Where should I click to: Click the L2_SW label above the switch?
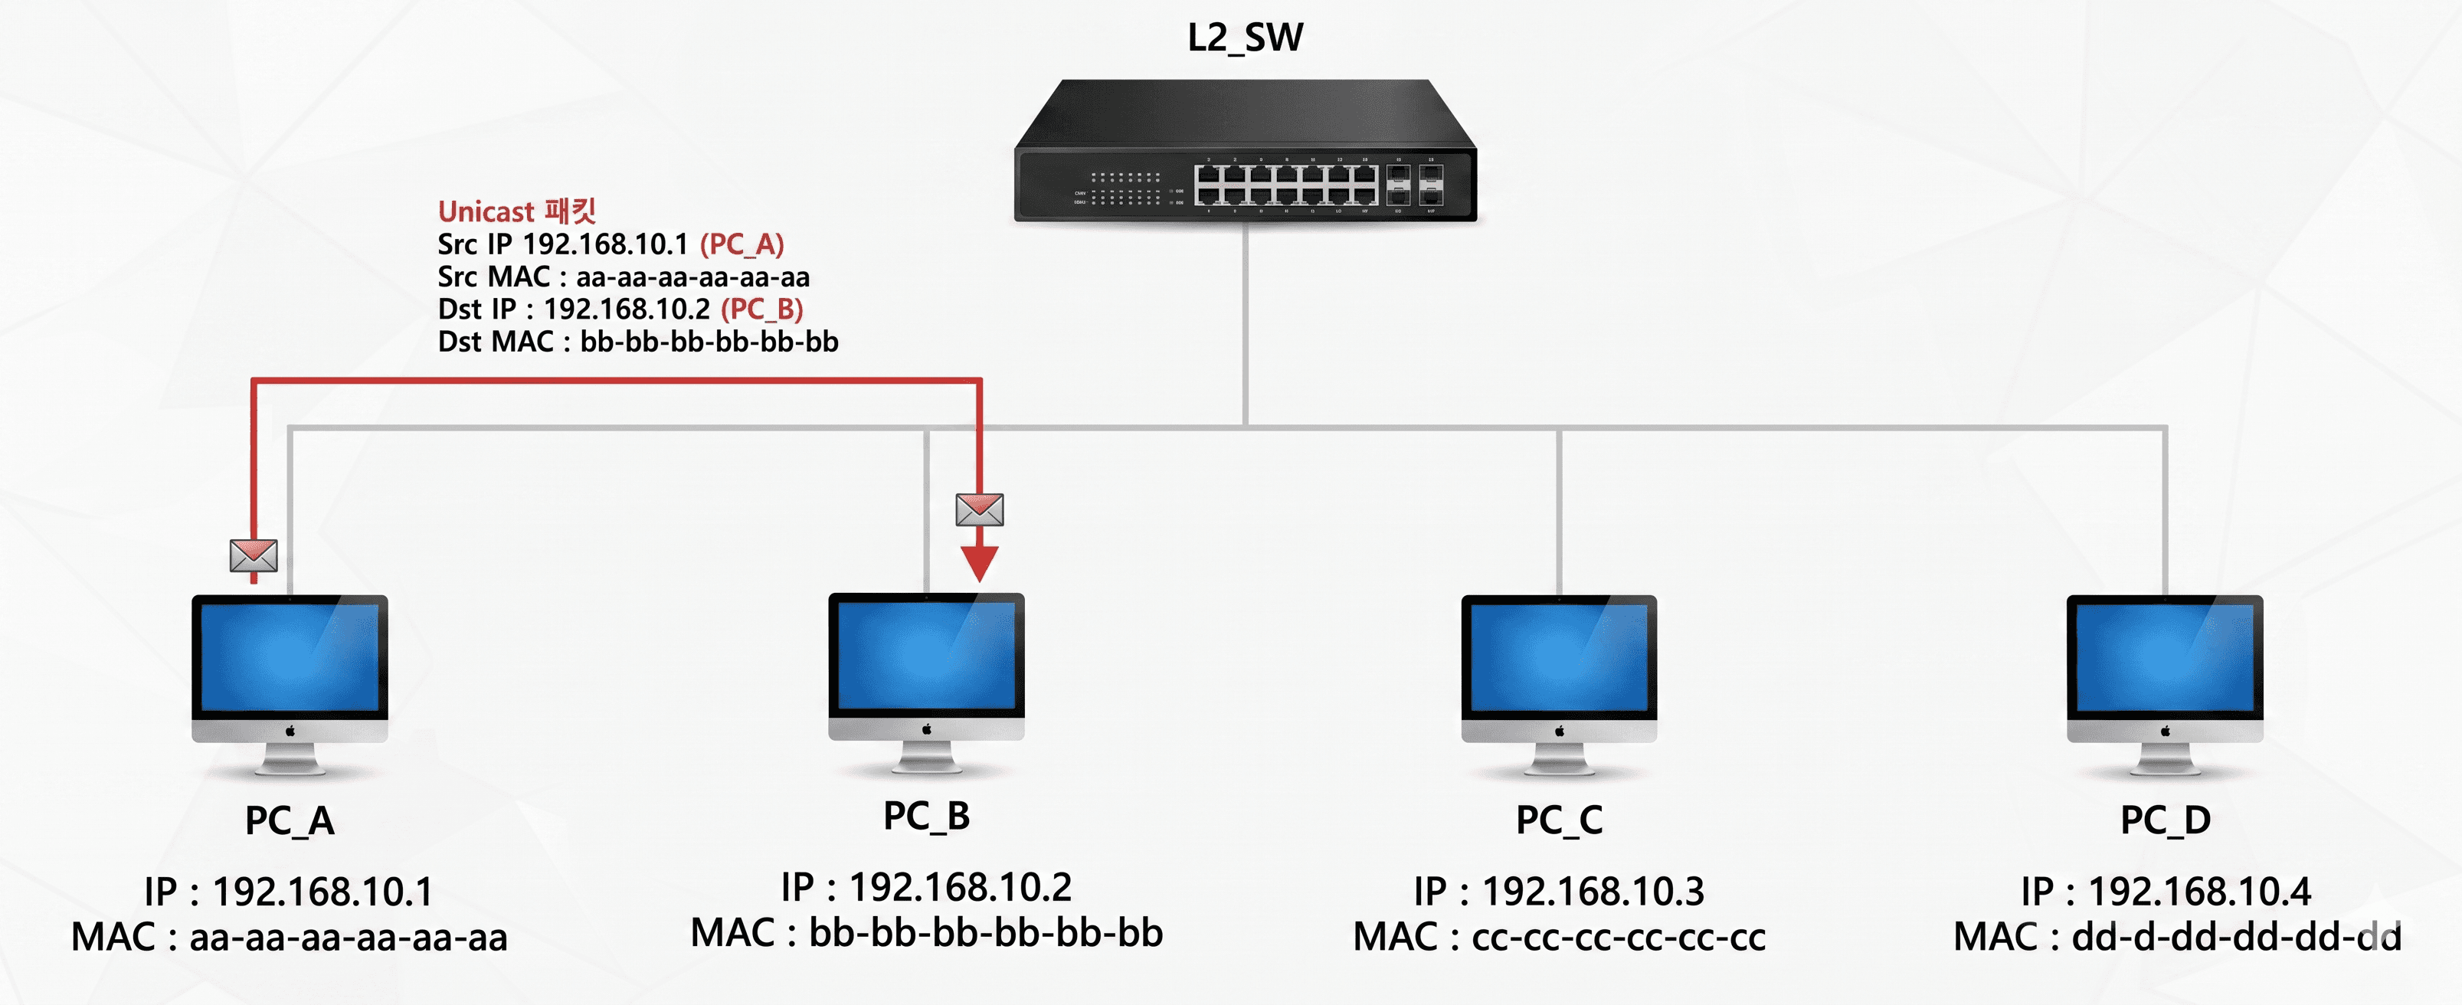point(1244,38)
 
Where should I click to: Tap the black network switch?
point(1246,151)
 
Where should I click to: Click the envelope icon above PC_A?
point(254,555)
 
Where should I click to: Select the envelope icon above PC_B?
point(980,509)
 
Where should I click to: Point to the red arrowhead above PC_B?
point(980,564)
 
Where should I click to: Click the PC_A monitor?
point(290,684)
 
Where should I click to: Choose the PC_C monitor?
point(1559,684)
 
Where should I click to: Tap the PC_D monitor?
point(2165,684)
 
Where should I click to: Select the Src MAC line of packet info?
point(623,277)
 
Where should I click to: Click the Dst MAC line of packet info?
point(637,341)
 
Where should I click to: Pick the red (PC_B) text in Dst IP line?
point(761,309)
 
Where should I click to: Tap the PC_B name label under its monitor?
point(926,816)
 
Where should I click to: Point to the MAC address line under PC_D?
point(2177,936)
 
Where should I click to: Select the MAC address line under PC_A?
point(290,936)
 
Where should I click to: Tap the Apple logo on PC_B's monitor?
point(926,729)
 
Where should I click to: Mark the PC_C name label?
point(1559,820)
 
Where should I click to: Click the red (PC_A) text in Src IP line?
point(742,244)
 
